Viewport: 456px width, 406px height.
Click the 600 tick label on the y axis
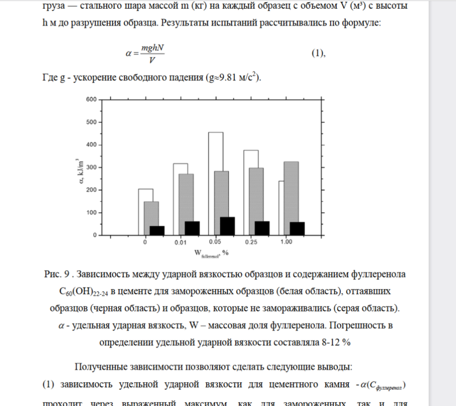pos(91,100)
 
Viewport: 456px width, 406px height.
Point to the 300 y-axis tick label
pos(91,167)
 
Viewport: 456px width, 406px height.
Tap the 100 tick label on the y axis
pos(91,213)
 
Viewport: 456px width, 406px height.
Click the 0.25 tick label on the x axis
pos(251,243)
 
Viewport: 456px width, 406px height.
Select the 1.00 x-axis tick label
pos(286,243)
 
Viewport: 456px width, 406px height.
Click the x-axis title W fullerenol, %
pos(212,253)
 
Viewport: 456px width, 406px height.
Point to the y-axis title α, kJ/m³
pos(80,168)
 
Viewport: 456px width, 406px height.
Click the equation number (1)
pos(318,53)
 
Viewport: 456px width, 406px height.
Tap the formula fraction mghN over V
pos(152,53)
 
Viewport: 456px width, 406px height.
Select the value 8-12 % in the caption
pos(334,343)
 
